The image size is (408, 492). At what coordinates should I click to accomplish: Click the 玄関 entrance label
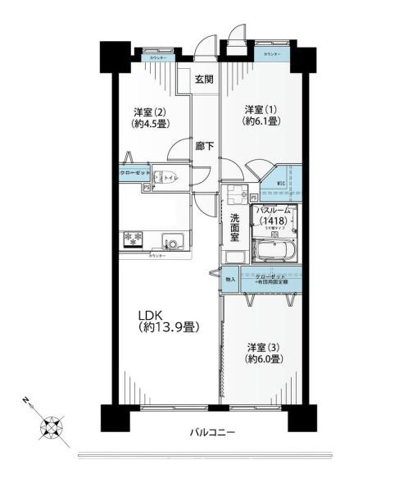[x=204, y=80]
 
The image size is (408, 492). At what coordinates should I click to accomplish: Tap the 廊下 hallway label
[x=205, y=148]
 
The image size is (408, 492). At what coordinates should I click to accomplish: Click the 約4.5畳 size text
[x=151, y=126]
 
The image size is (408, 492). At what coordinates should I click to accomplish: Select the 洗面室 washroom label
[x=234, y=227]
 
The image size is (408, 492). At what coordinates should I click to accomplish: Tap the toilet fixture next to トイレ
[x=161, y=175]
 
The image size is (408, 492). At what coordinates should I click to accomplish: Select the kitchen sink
[x=172, y=241]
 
